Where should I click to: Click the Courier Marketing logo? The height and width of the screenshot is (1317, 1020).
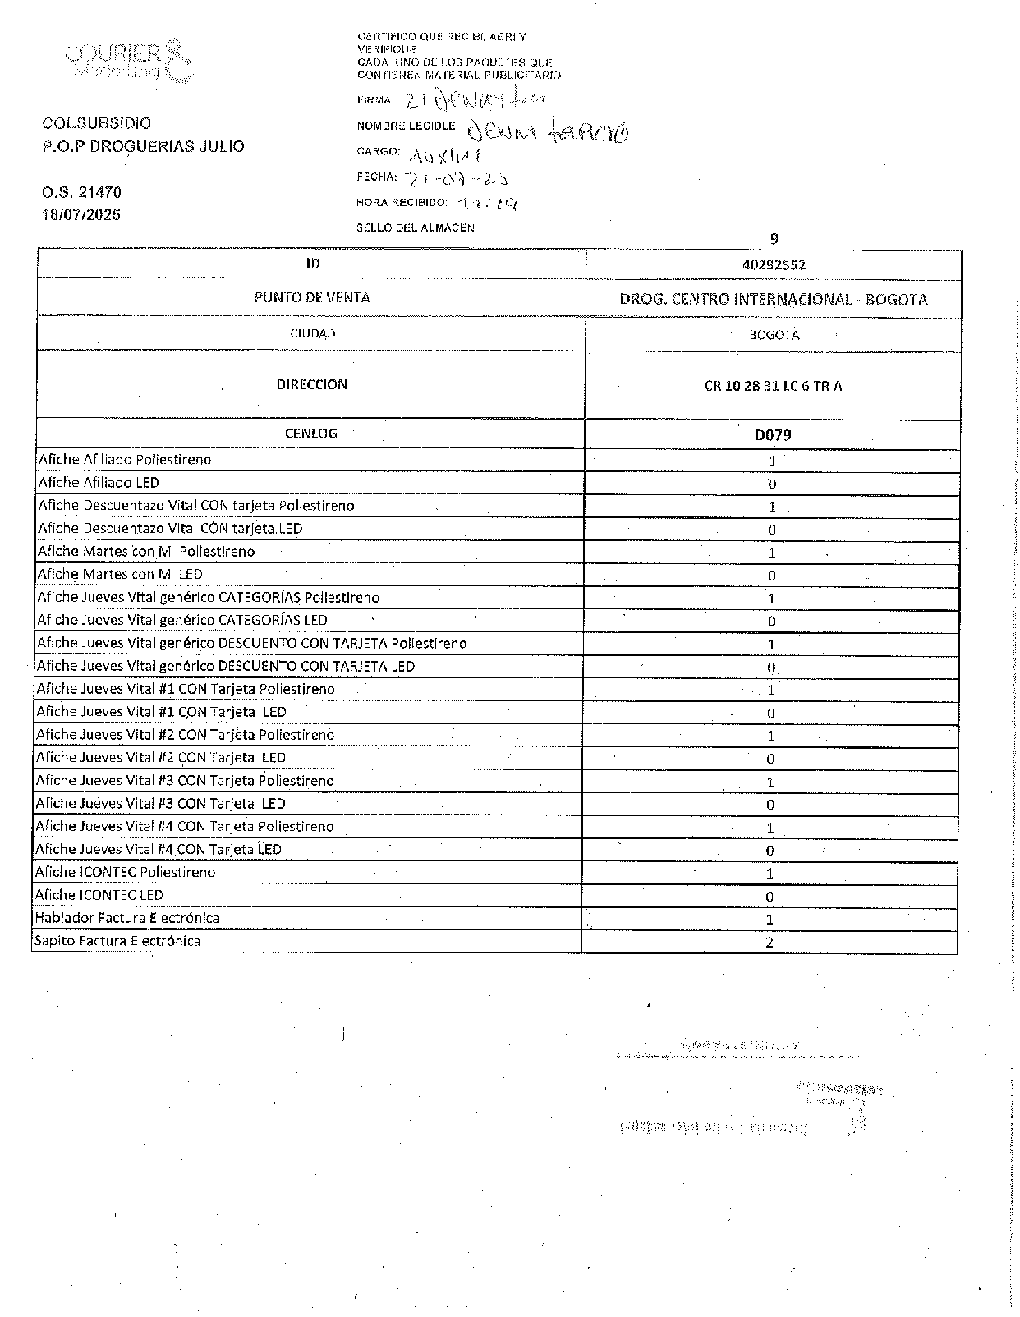pos(129,61)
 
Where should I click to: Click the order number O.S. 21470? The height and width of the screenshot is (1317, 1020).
pos(81,193)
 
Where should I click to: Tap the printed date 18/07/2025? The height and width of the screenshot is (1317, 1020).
pos(81,215)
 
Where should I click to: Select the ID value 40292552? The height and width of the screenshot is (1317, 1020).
pos(773,265)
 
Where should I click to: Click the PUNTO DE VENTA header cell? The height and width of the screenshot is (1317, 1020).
pos(312,297)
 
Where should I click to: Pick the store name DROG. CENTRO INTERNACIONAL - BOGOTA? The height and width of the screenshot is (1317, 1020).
pos(773,299)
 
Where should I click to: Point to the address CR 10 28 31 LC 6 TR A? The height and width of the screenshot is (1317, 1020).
pos(773,386)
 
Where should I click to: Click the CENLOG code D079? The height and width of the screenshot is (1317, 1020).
pos(773,434)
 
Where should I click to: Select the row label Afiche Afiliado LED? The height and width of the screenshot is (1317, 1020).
pos(99,483)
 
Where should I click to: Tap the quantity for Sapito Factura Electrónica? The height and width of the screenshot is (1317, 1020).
pos(770,943)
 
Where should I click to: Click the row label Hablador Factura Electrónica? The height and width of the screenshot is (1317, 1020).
pos(127,918)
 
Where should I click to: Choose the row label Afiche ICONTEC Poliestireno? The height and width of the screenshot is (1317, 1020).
pos(125,872)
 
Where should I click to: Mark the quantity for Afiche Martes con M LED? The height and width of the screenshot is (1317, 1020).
pos(771,576)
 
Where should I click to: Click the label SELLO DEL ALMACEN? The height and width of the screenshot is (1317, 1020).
pos(416,227)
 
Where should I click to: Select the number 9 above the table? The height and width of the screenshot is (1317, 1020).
pos(774,239)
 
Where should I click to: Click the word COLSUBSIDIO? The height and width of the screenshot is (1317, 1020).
pos(97,123)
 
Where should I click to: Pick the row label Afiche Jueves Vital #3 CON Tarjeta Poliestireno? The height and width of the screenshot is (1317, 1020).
pos(185,780)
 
